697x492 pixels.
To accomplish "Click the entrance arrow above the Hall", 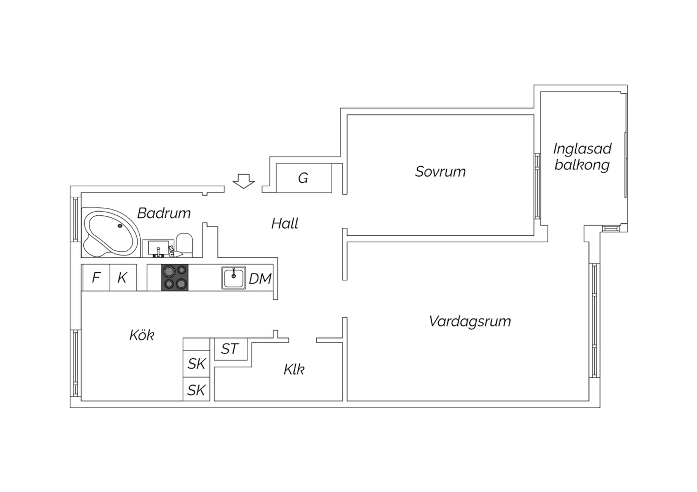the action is pyautogui.click(x=243, y=181).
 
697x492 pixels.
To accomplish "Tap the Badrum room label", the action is pyautogui.click(x=164, y=213).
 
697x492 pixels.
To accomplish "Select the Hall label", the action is pyautogui.click(x=285, y=223).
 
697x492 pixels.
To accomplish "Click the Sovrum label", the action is pyautogui.click(x=441, y=172).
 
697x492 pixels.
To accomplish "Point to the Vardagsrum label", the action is pyautogui.click(x=470, y=321).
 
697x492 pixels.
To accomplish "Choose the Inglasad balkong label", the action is pyautogui.click(x=582, y=157).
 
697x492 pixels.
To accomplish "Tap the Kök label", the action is pyautogui.click(x=142, y=335).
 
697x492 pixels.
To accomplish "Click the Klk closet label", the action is pyautogui.click(x=294, y=369).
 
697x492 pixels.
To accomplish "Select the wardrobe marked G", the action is pyautogui.click(x=304, y=178).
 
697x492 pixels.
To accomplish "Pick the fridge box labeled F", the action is pyautogui.click(x=96, y=278).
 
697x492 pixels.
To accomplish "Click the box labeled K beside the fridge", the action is pyautogui.click(x=123, y=278).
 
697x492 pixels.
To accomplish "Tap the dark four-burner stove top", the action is pyautogui.click(x=175, y=278).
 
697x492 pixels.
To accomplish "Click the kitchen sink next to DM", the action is pyautogui.click(x=234, y=278).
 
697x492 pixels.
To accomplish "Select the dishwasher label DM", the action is pyautogui.click(x=260, y=279).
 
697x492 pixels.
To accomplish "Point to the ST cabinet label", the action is pyautogui.click(x=230, y=349).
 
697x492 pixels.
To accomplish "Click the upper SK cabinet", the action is pyautogui.click(x=197, y=363).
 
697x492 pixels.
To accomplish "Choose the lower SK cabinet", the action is pyautogui.click(x=197, y=389).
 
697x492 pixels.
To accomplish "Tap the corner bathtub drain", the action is pyautogui.click(x=120, y=226).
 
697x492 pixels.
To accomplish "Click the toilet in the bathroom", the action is pyautogui.click(x=184, y=244).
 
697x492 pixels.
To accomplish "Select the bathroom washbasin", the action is pyautogui.click(x=158, y=248).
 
